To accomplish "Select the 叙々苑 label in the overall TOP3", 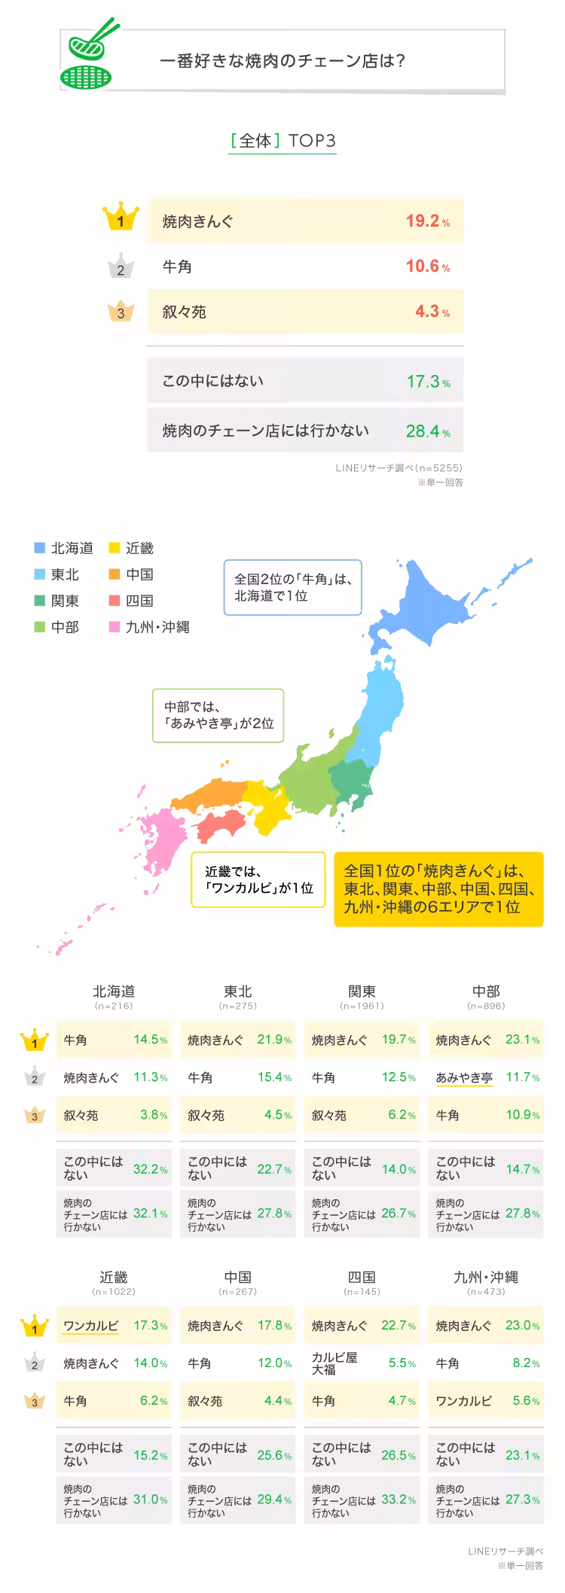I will (185, 312).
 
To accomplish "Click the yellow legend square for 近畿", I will (115, 547).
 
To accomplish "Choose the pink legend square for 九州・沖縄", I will (115, 626).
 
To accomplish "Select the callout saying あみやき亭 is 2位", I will (218, 715).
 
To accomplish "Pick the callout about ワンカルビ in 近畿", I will (258, 879).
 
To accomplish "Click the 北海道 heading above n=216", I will (114, 991).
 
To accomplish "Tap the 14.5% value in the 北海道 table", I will (150, 1040).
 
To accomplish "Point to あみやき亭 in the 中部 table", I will (464, 1077).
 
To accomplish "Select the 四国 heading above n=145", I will (362, 1277).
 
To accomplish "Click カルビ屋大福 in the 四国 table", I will (335, 1363).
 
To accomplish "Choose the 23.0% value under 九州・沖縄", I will (521, 1325).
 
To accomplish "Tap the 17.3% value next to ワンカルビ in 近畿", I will (150, 1325).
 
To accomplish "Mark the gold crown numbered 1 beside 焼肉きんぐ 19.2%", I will (121, 219).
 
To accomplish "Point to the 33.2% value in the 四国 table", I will (398, 1499).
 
